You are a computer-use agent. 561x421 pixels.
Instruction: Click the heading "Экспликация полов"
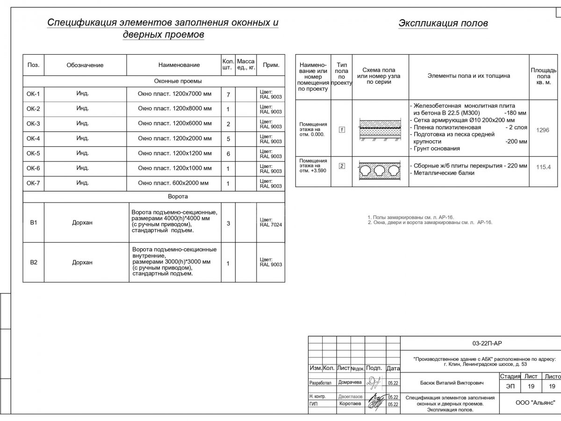click(x=443, y=23)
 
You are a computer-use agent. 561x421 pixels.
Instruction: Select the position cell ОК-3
click(x=33, y=124)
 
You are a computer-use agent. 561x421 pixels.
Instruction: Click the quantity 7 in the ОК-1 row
click(x=228, y=95)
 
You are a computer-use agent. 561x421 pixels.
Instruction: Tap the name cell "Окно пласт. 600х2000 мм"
click(x=173, y=183)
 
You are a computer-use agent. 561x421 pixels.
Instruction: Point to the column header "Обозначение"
click(x=85, y=65)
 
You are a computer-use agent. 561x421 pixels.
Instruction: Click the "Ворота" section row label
click(x=178, y=196)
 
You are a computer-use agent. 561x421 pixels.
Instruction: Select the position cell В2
click(x=33, y=262)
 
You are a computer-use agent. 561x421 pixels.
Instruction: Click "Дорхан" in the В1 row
click(x=82, y=223)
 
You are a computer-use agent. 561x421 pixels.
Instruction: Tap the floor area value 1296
click(x=543, y=130)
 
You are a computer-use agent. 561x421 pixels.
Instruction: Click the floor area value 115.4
click(x=543, y=167)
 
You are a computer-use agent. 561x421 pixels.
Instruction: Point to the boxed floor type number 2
click(x=342, y=166)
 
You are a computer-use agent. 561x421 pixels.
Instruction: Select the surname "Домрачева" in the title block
click(x=350, y=382)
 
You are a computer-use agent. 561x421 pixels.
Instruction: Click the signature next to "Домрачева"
click(x=374, y=383)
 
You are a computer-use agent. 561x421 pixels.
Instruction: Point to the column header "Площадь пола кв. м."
click(x=543, y=76)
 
